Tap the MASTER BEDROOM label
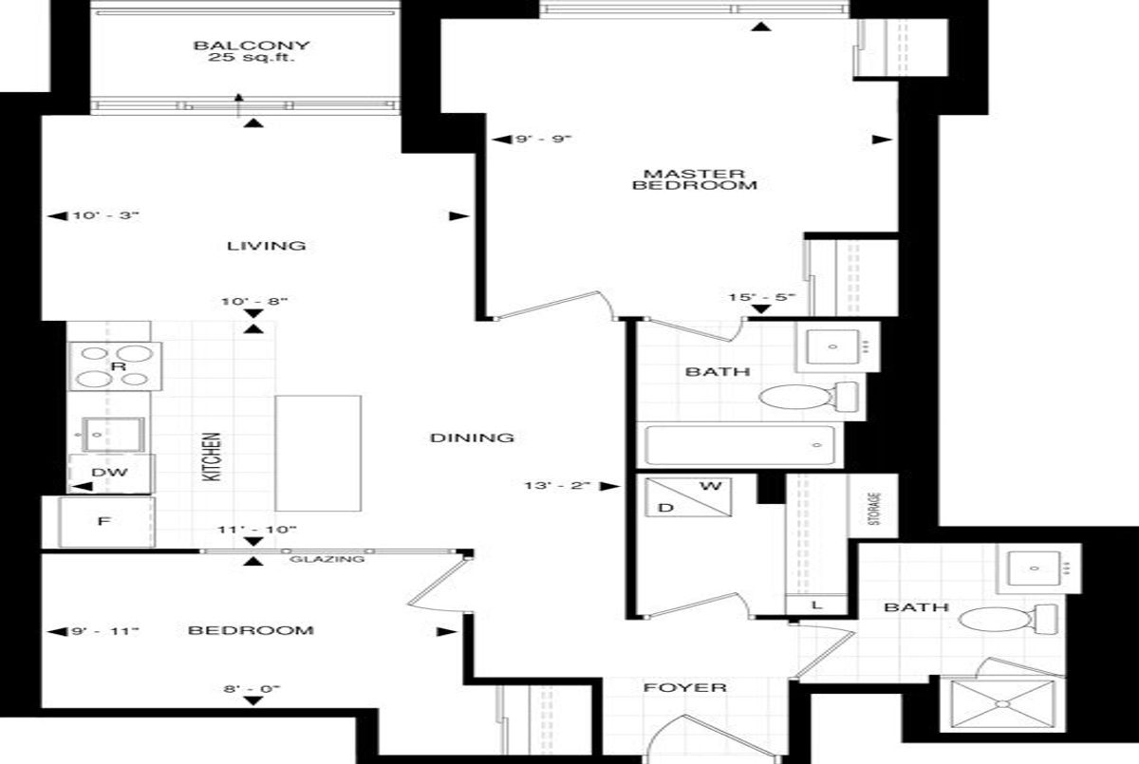(x=695, y=179)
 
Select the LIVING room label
(x=267, y=246)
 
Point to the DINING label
(x=472, y=438)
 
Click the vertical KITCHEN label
(x=212, y=457)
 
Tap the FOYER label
(x=685, y=688)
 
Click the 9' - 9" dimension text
(x=544, y=139)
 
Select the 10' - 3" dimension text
(x=105, y=215)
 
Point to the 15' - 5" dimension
(x=761, y=297)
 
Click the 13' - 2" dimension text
(x=557, y=485)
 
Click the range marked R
(x=115, y=366)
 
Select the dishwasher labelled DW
(x=110, y=474)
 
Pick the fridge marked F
(x=106, y=522)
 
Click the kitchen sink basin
(x=113, y=435)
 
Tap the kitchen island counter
(x=318, y=454)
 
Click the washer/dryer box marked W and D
(x=688, y=497)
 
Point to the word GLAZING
(x=327, y=559)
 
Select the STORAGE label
(x=874, y=509)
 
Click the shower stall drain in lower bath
(x=1002, y=704)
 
